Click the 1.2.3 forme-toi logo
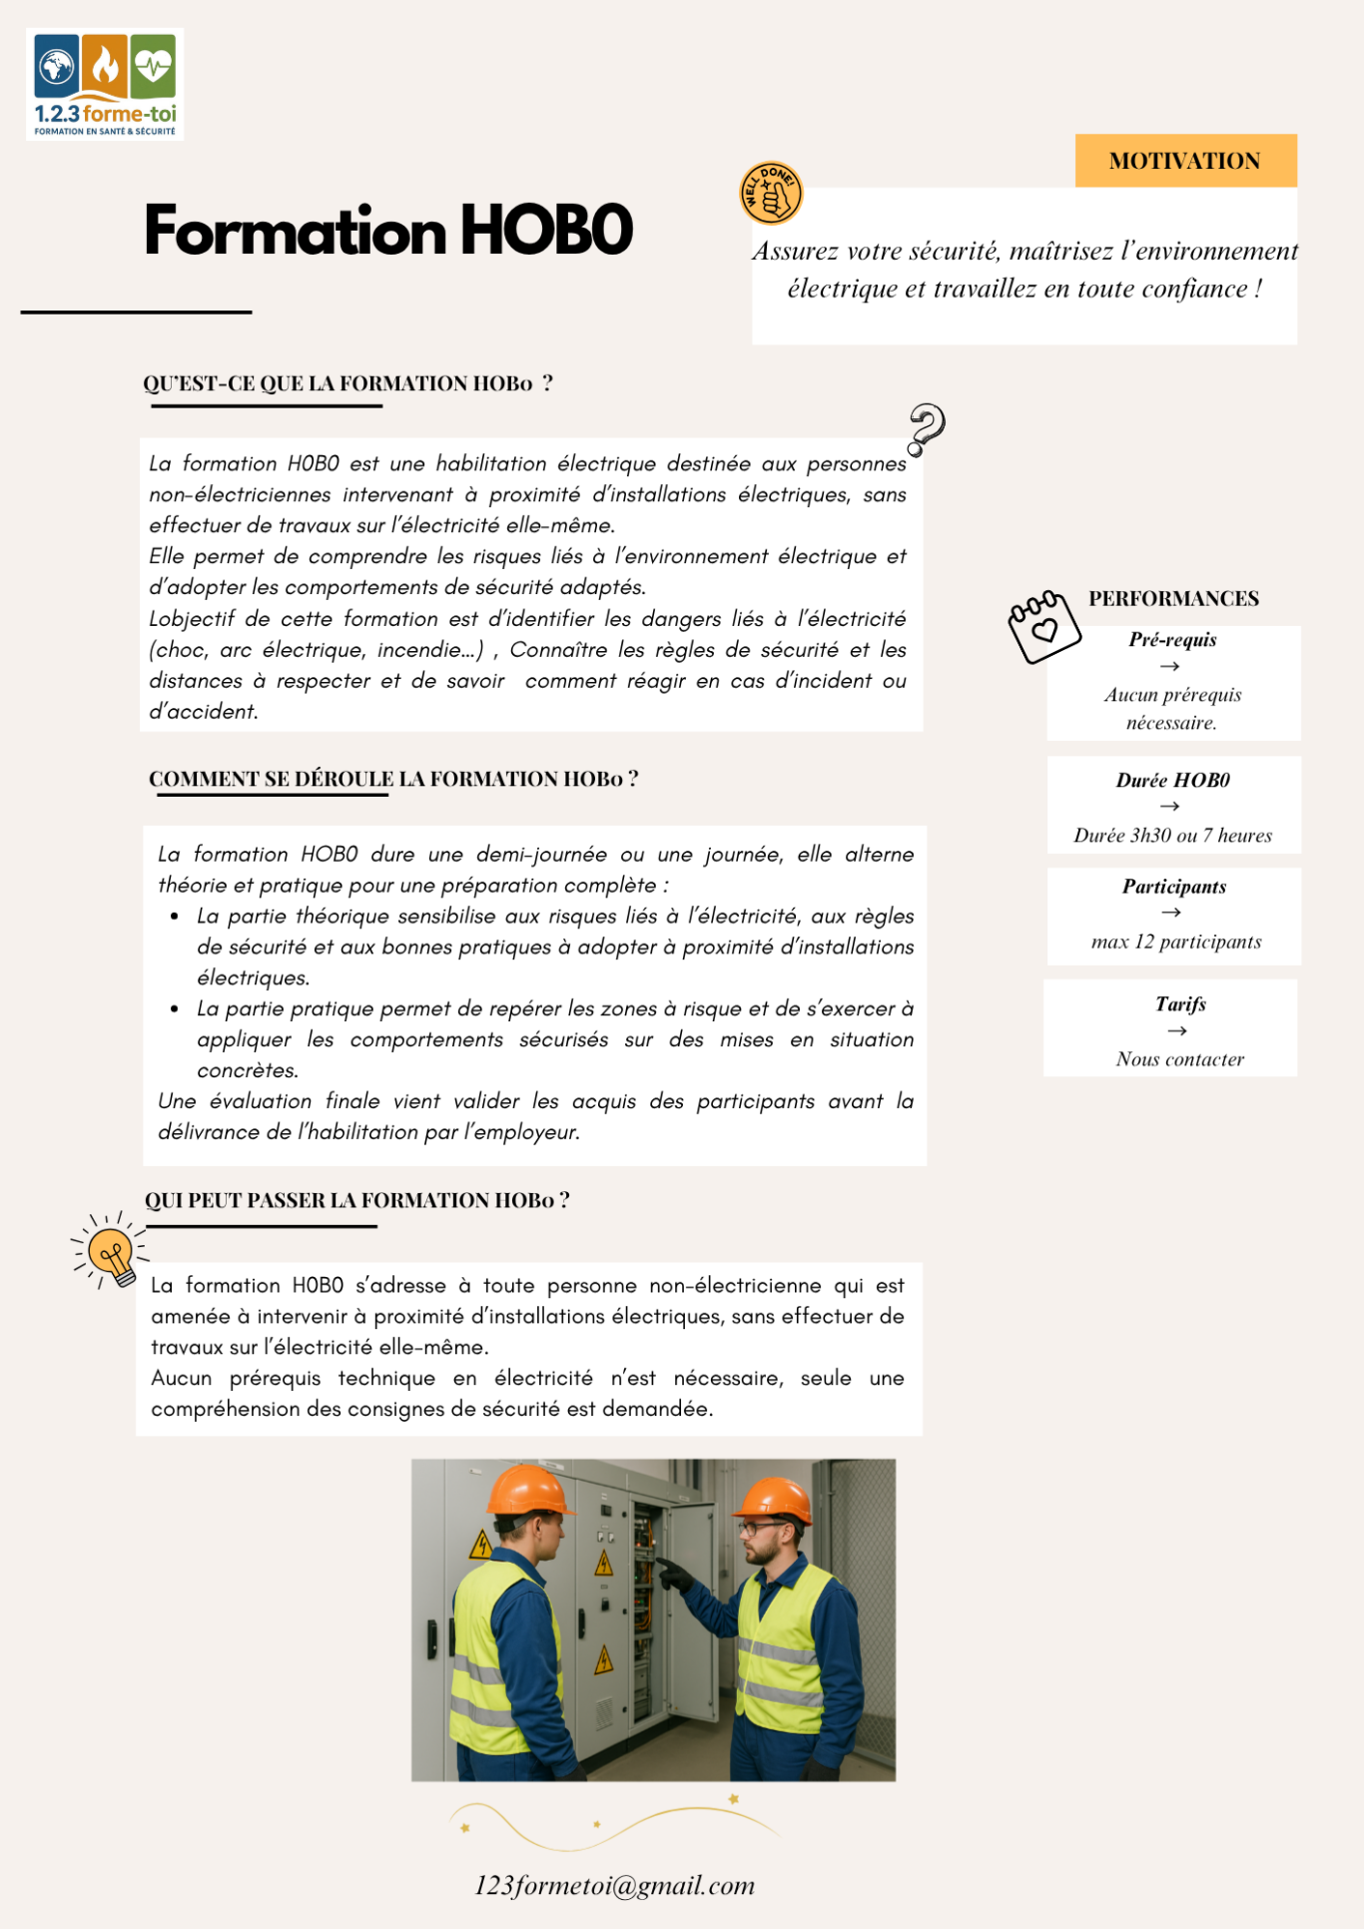pyautogui.click(x=105, y=85)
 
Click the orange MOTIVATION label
pyautogui.click(x=1185, y=161)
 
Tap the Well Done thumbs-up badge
pyautogui.click(x=771, y=193)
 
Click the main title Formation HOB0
pyautogui.click(x=388, y=231)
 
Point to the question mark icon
pyautogui.click(x=926, y=428)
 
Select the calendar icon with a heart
pyautogui.click(x=1043, y=626)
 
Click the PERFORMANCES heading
pyautogui.click(x=1173, y=598)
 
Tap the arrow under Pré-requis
pyautogui.click(x=1170, y=666)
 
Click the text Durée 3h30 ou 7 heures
pyautogui.click(x=1173, y=836)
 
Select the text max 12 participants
pyautogui.click(x=1176, y=942)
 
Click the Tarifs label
pyautogui.click(x=1180, y=1004)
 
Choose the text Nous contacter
pyautogui.click(x=1180, y=1059)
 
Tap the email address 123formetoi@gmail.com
pyautogui.click(x=614, y=1885)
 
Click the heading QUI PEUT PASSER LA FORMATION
pyautogui.click(x=356, y=1200)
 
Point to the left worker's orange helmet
pyautogui.click(x=529, y=1490)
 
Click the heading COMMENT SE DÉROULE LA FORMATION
pyautogui.click(x=393, y=779)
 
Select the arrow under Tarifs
pyautogui.click(x=1177, y=1030)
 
